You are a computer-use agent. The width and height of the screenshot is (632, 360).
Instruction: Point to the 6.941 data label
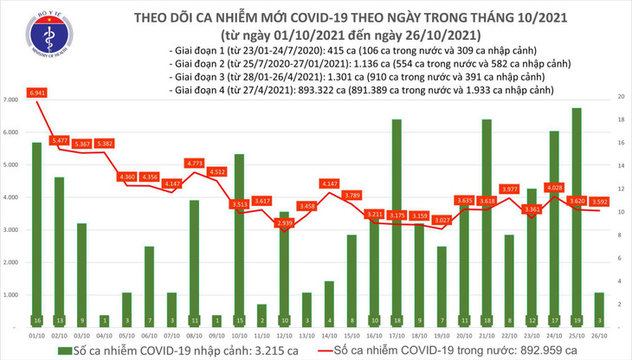36,92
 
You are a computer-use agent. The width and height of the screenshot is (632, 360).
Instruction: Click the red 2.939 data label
284,222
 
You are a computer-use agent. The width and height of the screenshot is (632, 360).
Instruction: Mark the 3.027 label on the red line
442,220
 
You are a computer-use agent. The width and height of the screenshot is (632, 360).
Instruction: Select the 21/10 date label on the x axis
487,334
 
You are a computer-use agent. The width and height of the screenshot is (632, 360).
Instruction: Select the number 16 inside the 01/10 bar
36,320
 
